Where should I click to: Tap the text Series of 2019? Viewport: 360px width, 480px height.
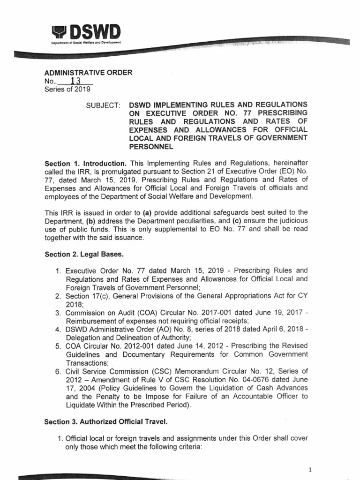(67, 89)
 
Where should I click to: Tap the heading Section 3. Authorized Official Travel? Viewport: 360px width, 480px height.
(103, 422)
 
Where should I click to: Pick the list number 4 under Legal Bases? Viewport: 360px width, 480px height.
(58, 330)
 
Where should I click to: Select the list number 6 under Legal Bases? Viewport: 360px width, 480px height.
(58, 371)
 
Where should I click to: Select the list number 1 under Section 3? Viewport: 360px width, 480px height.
(60, 439)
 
